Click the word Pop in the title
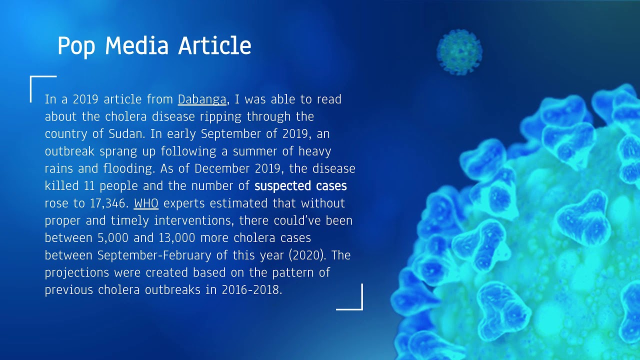(76, 46)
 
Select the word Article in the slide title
(214, 46)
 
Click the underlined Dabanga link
(202, 99)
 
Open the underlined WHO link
(146, 203)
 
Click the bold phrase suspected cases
(300, 186)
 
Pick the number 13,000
(177, 237)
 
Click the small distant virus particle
(459, 51)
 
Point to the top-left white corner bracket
(37, 82)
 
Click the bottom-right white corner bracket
(355, 303)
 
